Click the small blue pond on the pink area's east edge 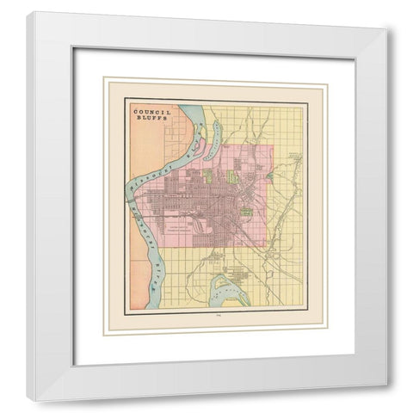click(x=271, y=176)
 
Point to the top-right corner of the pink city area click(x=273, y=145)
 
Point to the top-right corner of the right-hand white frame click(x=387, y=32)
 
